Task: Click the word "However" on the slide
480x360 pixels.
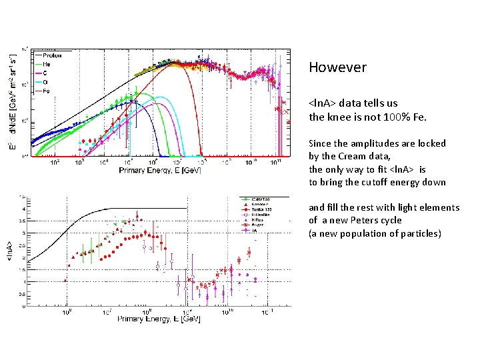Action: click(337, 67)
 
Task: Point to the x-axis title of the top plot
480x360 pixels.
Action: click(160, 171)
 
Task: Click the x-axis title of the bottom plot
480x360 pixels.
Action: click(159, 319)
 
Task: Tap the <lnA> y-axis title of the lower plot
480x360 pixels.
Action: click(9, 251)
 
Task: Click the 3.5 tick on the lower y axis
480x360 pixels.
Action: click(23, 221)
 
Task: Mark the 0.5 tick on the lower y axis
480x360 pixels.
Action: click(23, 294)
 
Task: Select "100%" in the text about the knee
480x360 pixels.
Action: click(383, 117)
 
